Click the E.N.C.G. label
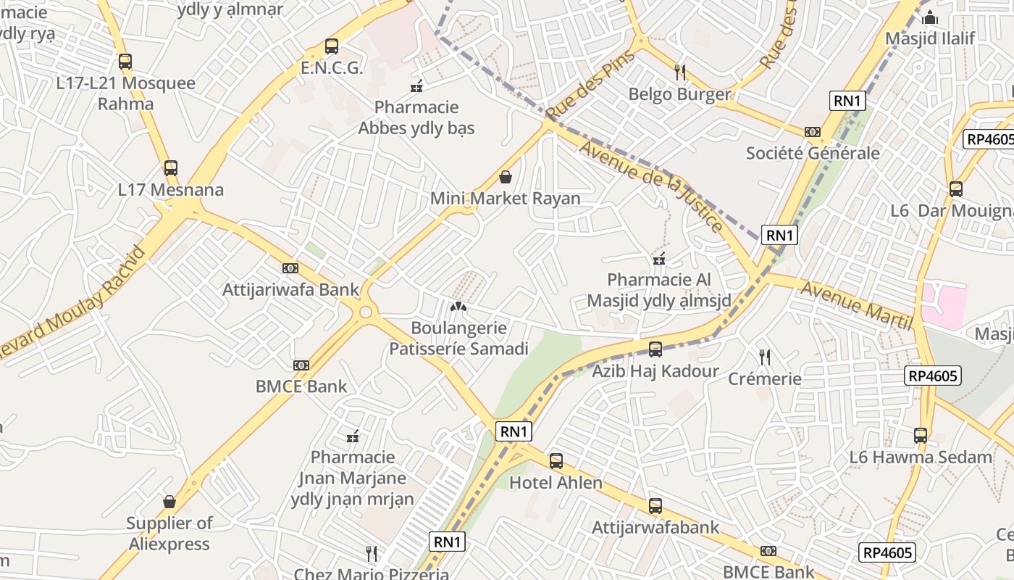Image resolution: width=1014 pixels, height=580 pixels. point(332,68)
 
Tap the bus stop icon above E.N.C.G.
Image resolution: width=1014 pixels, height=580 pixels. point(332,46)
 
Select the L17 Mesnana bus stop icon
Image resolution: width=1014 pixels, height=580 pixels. point(171,168)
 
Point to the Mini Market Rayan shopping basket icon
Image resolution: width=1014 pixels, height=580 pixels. point(506,177)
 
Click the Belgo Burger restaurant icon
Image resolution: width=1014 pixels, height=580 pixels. point(679,72)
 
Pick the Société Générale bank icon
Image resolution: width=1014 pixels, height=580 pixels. point(813,132)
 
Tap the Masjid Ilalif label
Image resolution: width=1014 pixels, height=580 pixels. point(931,38)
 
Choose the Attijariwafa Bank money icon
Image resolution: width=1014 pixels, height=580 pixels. point(290,268)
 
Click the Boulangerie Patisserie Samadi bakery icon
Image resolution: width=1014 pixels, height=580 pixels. point(458,307)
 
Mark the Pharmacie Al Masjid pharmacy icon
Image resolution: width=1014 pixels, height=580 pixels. point(659,258)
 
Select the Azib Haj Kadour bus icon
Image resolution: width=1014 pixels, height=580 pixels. point(655,349)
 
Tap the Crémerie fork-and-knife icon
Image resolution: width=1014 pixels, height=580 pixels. point(764,357)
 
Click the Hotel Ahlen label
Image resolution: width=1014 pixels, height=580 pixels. point(556,483)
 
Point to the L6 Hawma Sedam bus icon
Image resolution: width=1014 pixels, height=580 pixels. point(921,436)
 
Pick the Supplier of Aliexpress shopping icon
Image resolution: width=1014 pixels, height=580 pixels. point(169,502)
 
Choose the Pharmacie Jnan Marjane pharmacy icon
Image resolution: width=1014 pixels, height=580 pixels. point(353,436)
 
